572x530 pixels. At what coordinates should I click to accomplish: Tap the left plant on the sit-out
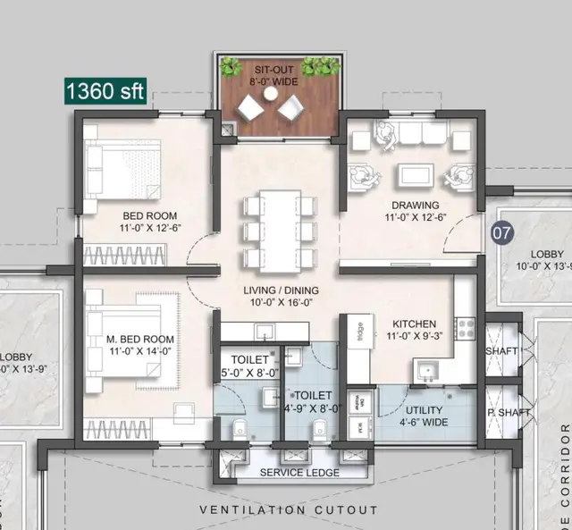231,68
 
